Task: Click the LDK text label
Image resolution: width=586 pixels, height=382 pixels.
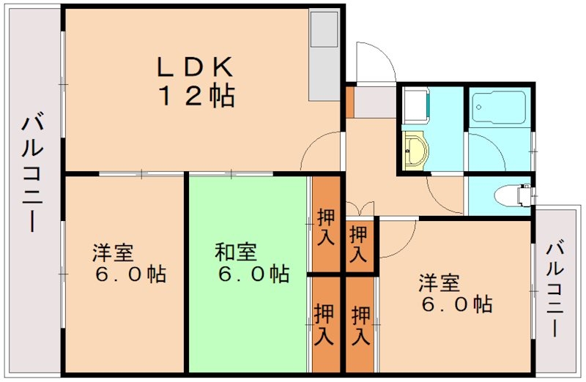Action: (x=194, y=67)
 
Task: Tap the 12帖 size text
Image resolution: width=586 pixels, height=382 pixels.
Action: (x=194, y=96)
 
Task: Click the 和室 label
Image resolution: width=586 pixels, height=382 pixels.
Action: (x=235, y=253)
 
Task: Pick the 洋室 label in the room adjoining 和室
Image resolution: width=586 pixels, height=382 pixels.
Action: (x=112, y=253)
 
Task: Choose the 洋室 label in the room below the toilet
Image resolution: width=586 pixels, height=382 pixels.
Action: (x=439, y=282)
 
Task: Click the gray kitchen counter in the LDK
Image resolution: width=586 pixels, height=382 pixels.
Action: (x=323, y=56)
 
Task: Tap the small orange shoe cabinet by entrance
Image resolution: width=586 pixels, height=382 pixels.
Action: (x=349, y=102)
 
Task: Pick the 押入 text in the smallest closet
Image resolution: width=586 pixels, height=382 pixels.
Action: (x=358, y=245)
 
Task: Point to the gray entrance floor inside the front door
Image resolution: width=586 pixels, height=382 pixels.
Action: (x=374, y=102)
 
